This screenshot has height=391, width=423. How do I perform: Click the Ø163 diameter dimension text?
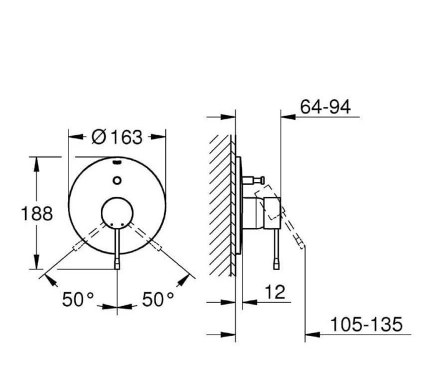(x=117, y=137)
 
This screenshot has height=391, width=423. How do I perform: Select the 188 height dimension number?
(x=37, y=213)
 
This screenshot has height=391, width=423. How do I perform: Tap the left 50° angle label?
(x=78, y=300)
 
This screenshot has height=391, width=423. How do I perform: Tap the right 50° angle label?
(x=158, y=300)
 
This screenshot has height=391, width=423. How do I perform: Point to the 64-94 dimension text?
(x=325, y=107)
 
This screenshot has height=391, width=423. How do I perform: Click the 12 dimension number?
(x=275, y=292)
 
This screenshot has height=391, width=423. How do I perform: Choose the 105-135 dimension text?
(x=366, y=324)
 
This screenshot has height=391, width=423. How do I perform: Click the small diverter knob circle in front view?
(x=117, y=181)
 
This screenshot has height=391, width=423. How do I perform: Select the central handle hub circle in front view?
(x=117, y=213)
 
